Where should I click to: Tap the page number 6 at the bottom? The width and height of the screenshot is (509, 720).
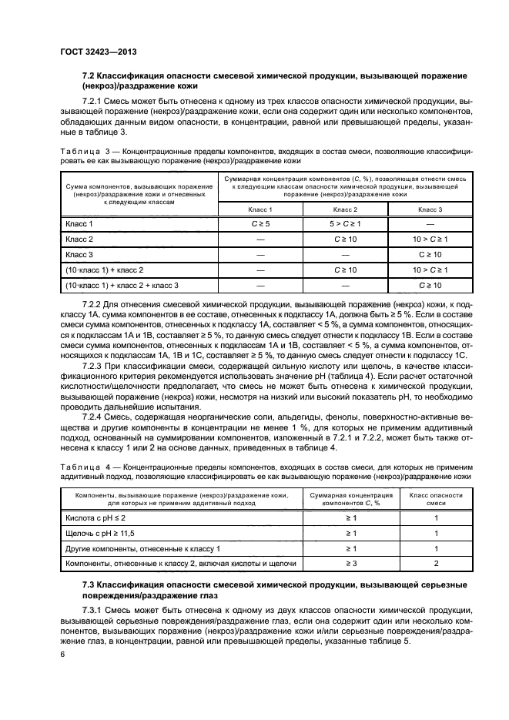(x=62, y=653)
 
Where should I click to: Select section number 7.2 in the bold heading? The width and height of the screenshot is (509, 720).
(x=91, y=78)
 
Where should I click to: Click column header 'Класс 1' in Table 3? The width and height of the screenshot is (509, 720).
(x=260, y=209)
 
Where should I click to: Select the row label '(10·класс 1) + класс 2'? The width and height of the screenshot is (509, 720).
(x=105, y=270)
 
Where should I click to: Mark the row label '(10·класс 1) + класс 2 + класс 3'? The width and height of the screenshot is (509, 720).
(x=122, y=286)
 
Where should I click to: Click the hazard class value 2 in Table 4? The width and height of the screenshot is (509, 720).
(x=436, y=564)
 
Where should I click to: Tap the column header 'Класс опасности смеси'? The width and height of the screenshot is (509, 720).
(x=436, y=499)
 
